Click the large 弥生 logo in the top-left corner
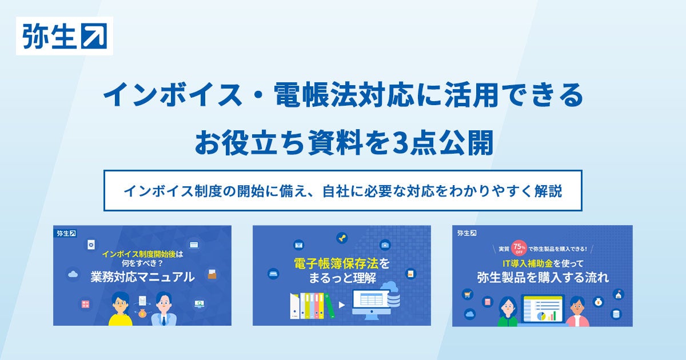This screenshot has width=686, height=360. click(x=65, y=36)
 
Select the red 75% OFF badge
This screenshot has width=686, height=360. click(x=519, y=247)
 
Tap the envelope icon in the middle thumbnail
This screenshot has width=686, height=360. click(x=298, y=245)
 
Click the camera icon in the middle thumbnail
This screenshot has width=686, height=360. click(x=385, y=245)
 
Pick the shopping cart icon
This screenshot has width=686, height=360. click(x=468, y=294)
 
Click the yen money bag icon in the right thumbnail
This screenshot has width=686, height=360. click(x=599, y=302)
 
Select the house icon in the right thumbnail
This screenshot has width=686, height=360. click(x=619, y=294)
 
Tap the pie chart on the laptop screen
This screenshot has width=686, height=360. click(x=541, y=316)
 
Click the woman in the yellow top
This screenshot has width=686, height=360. click(x=121, y=309)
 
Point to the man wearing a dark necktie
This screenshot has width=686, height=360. click(x=164, y=309)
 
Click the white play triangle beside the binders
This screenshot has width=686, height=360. click(x=342, y=305)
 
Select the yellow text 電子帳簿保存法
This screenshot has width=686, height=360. click(x=336, y=263)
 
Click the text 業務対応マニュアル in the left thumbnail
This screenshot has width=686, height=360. click(x=142, y=277)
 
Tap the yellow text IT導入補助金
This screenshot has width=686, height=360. click(x=528, y=263)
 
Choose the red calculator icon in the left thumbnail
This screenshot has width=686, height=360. click(x=85, y=304)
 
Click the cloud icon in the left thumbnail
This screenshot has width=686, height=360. click(x=73, y=274)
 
